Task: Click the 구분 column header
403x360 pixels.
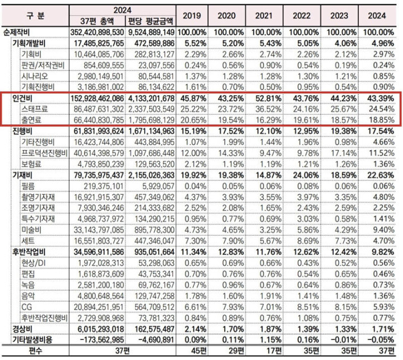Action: pos(35,16)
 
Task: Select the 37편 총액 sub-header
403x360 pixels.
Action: pos(96,21)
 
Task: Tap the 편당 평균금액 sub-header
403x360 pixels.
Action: pos(150,21)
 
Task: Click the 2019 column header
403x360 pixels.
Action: pos(192,16)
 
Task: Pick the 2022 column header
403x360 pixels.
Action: pos(302,16)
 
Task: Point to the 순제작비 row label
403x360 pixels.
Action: pos(16,32)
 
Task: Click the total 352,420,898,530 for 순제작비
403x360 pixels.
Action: pos(97,32)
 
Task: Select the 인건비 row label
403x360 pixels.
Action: pos(22,99)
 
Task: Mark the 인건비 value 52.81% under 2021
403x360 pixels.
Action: pos(266,99)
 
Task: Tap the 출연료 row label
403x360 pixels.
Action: pos(31,120)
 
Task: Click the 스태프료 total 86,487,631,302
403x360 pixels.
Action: pos(99,109)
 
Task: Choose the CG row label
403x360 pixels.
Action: pos(27,307)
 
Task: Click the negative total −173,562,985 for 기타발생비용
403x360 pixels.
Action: pos(103,340)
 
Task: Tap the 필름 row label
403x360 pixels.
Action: pos(28,186)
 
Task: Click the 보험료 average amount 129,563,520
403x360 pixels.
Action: pos(155,164)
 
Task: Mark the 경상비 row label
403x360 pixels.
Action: pos(22,329)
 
